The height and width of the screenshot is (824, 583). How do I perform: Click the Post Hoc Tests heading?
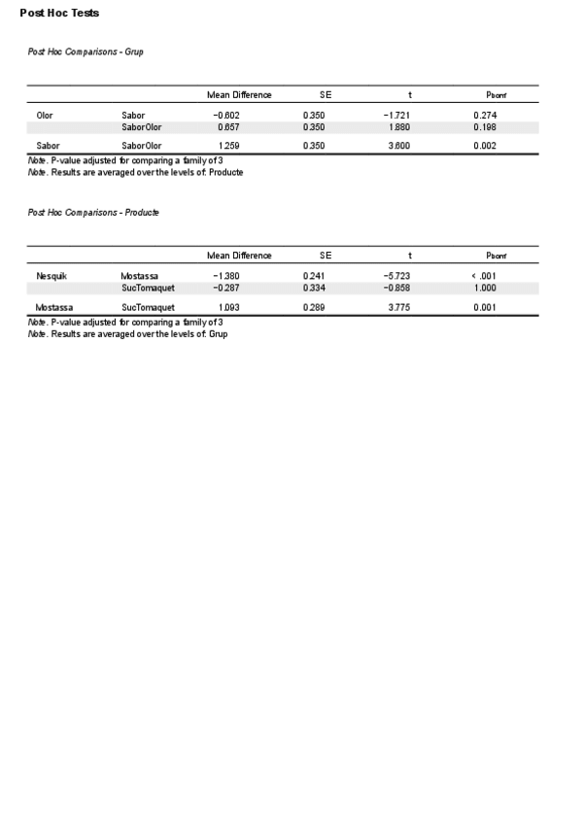[59, 14]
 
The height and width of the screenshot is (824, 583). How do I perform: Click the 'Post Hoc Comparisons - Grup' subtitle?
[86, 51]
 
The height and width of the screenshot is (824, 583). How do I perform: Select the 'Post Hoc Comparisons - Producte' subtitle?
[93, 212]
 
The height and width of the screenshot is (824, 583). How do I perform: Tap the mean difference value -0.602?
[226, 116]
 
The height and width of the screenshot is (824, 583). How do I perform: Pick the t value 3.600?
[399, 146]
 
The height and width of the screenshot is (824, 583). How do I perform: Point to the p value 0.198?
[486, 127]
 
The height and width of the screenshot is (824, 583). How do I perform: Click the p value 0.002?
[486, 146]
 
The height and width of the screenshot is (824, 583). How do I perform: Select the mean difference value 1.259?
[226, 146]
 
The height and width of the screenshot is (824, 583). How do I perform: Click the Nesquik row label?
[51, 277]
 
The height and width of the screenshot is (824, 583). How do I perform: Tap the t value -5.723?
[397, 277]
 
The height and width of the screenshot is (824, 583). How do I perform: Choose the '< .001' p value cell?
[484, 277]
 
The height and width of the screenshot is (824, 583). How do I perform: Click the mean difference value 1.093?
[226, 307]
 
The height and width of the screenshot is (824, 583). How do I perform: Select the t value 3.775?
[399, 307]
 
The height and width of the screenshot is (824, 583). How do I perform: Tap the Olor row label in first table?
[45, 116]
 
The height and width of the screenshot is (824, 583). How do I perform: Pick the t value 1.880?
[399, 127]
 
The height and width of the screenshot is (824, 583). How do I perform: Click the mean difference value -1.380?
[226, 277]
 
